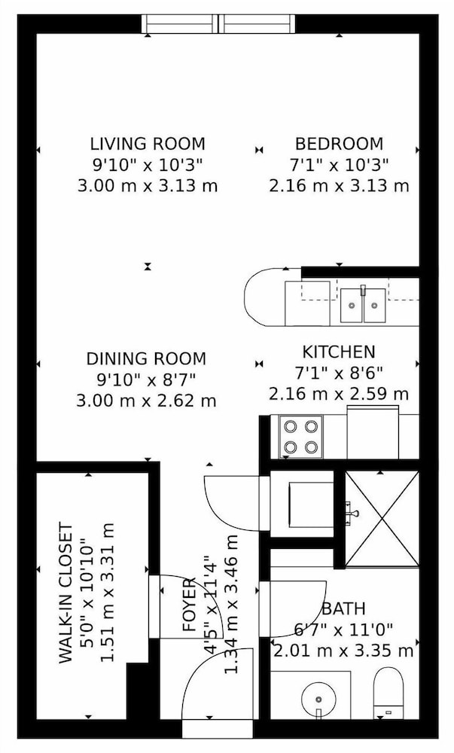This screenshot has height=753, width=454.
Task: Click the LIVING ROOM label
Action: (148, 144)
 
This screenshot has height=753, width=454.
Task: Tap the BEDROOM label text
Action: (339, 144)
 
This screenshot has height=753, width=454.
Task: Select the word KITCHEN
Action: (338, 352)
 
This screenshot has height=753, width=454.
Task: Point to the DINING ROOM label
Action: (146, 358)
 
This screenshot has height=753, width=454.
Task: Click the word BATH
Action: (343, 608)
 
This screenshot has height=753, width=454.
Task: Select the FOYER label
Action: (190, 605)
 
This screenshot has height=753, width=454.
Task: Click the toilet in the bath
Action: (388, 693)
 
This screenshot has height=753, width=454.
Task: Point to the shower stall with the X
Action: (382, 518)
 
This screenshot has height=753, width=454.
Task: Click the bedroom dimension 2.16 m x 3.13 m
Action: (339, 185)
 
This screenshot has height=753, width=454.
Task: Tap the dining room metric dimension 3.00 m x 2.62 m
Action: (146, 400)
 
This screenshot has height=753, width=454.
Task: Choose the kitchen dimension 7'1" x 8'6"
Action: (338, 373)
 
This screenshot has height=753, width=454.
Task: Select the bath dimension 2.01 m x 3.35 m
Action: (343, 651)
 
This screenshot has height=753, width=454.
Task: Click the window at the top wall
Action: (218, 23)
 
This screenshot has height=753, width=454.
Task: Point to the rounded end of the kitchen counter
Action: (257, 297)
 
